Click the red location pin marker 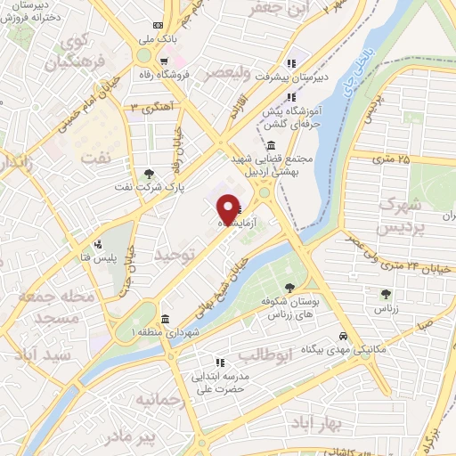228,210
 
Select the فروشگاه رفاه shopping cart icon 165,61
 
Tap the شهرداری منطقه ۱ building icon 165,319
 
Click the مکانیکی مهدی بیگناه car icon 343,337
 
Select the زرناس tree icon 385,293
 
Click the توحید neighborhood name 172,255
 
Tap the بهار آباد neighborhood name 312,424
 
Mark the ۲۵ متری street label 392,160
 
